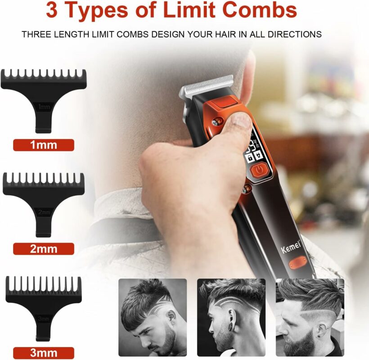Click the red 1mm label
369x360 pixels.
[44, 145]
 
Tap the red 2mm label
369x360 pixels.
[44, 249]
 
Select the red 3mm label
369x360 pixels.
[44, 353]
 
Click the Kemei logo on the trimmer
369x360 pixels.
[291, 246]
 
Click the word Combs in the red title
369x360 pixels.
[260, 10]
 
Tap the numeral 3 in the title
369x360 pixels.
[52, 10]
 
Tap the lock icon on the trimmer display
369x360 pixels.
[250, 157]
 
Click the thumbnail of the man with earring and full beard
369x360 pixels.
[310, 317]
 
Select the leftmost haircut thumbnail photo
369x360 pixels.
[153, 317]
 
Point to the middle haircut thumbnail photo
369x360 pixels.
[231, 317]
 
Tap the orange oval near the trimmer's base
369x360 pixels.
[298, 263]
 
